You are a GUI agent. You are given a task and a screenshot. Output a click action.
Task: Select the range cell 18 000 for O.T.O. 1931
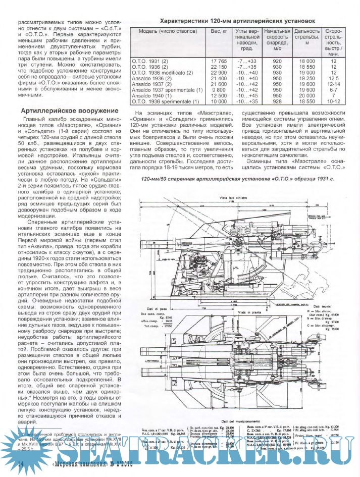click(x=306, y=61)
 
